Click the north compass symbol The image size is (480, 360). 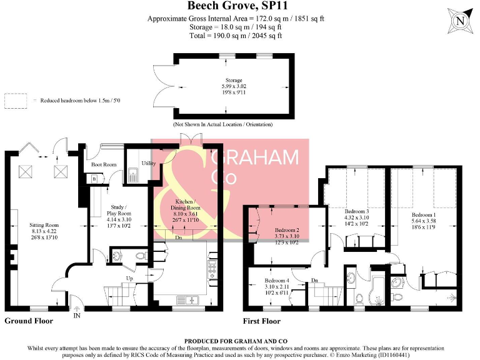[461, 21]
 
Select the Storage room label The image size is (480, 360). [234, 81]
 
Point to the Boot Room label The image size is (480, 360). [104, 165]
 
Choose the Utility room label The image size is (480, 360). [148, 163]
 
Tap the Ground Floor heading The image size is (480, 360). [29, 321]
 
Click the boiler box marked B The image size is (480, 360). [94, 179]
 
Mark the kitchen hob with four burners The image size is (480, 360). [212, 271]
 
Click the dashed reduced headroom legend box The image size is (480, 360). [16, 100]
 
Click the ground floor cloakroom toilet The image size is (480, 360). [118, 256]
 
